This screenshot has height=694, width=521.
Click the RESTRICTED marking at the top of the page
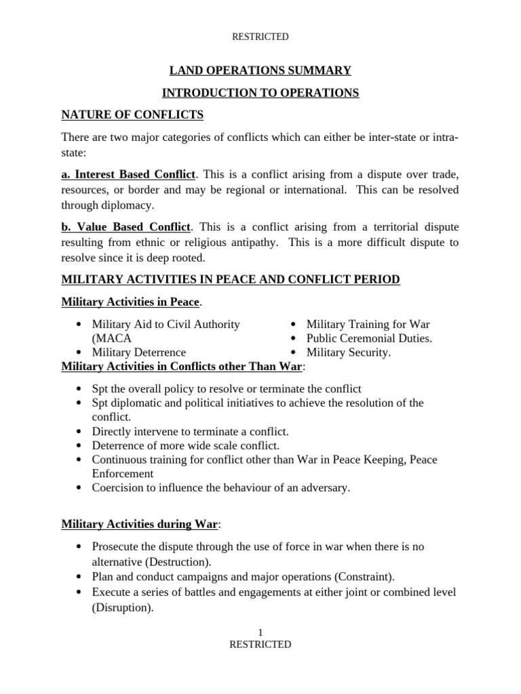coord(260,37)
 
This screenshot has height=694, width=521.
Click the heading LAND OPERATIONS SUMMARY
coord(260,70)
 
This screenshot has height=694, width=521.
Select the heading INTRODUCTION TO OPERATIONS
coord(260,93)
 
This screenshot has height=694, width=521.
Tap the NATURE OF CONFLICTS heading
coord(132,115)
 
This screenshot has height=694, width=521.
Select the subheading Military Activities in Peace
coord(130,302)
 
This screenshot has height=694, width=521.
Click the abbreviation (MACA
coord(112,338)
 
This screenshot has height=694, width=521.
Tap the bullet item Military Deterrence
coord(139,352)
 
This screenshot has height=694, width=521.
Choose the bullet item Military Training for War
coord(368,325)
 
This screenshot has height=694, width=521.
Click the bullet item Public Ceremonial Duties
coord(369,338)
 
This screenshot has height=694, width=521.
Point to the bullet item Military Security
coord(349,352)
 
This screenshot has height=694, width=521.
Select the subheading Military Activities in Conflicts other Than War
coord(182,367)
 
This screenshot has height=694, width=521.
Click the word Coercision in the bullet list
coord(120,488)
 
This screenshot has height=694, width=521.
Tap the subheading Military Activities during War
coord(140,524)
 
